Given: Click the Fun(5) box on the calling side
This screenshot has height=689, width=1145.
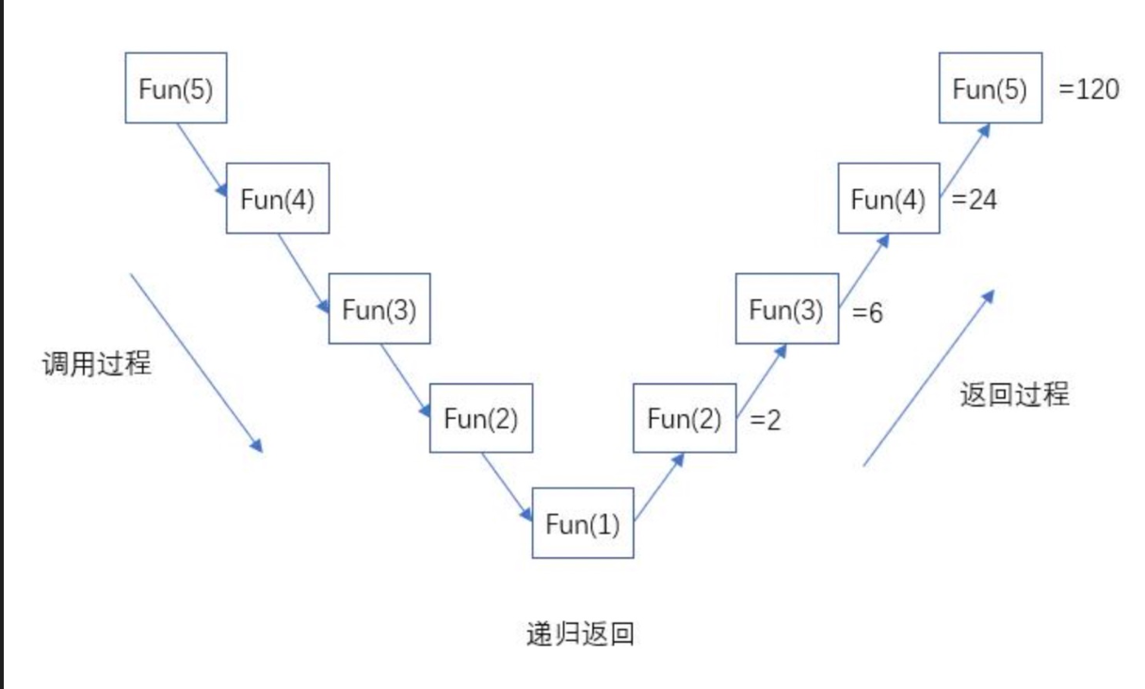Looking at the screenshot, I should click(176, 88).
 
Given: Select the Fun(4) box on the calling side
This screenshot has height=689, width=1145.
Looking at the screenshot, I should click(278, 199).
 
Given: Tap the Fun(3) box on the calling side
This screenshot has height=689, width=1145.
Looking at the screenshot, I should click(379, 309).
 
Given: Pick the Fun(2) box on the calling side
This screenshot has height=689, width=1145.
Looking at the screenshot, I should click(481, 418).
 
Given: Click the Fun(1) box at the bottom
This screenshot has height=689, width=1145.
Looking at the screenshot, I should click(583, 523).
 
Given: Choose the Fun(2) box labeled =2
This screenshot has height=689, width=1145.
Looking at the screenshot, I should click(685, 418).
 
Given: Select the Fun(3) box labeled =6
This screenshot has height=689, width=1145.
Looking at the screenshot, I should click(786, 309).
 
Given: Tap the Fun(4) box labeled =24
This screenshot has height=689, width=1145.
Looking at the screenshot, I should click(889, 199).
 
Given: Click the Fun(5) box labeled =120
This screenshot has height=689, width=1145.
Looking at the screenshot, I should click(991, 88).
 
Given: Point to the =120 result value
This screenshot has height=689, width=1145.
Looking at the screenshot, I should click(1089, 89).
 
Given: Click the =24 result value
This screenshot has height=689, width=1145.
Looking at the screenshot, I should click(975, 200).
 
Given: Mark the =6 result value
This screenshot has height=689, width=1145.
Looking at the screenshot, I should click(867, 312).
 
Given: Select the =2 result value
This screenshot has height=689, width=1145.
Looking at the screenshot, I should click(766, 421).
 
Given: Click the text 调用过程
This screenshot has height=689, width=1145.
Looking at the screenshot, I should click(97, 364).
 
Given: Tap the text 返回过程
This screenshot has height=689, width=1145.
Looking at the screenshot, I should click(1015, 393).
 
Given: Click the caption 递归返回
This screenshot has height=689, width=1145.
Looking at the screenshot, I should click(580, 633).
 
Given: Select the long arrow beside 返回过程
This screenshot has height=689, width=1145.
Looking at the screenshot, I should click(928, 377).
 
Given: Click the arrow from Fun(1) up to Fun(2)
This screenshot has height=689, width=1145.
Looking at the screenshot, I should click(658, 487).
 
